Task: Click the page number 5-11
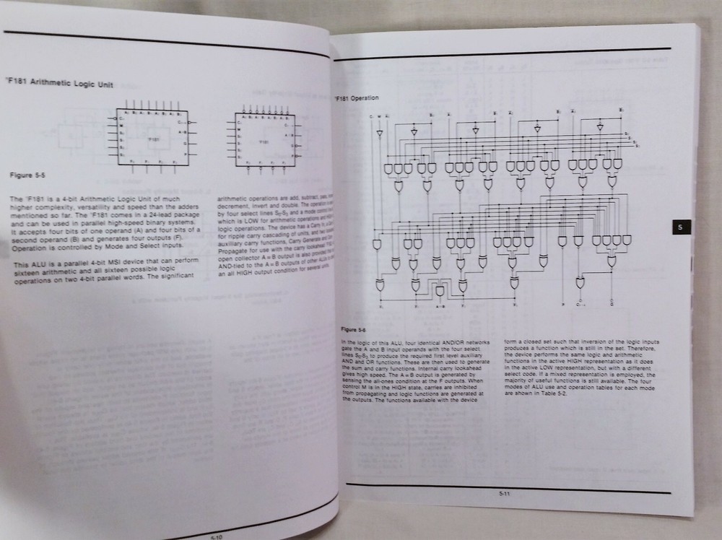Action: (x=504, y=494)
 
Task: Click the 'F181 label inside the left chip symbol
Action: (x=153, y=137)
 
